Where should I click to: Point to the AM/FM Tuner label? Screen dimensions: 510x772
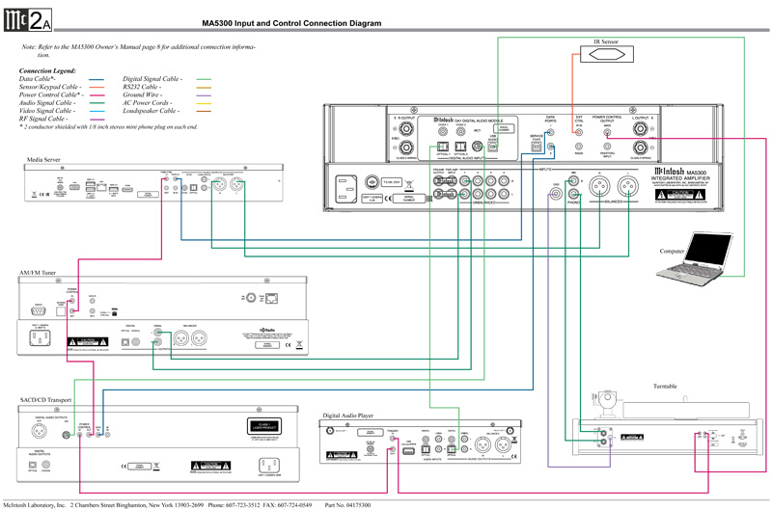(38, 275)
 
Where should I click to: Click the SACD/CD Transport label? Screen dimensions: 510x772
(45, 398)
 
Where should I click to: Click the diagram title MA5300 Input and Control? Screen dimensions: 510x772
(291, 22)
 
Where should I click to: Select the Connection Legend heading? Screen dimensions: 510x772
(47, 70)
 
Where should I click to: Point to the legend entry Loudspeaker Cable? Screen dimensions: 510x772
(151, 112)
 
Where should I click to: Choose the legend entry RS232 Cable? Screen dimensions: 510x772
(142, 87)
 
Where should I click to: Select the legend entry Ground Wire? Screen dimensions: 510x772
(142, 95)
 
